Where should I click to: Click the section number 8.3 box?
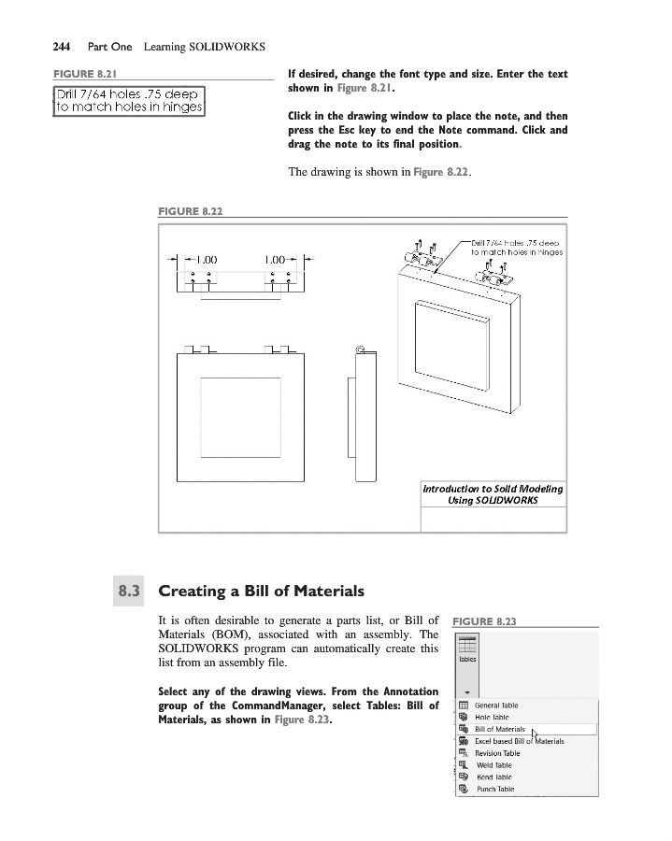[128, 591]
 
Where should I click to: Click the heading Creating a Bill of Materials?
[261, 591]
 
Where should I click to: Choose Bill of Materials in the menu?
[500, 729]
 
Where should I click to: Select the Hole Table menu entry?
[493, 717]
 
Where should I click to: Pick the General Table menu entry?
[496, 706]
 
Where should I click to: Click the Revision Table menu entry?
[497, 753]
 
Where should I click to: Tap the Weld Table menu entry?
[493, 765]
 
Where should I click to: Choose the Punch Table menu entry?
[494, 789]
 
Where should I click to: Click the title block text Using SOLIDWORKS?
[493, 500]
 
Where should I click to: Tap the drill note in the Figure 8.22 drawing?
[515, 247]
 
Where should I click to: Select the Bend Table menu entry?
[493, 777]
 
